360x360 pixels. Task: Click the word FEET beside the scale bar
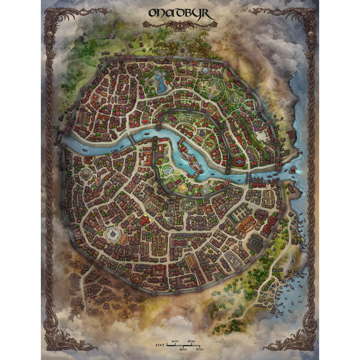pos(160,345)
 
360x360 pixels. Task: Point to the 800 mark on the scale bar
pos(199,349)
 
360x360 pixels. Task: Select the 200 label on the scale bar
pos(175,341)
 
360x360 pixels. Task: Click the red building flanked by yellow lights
pos(144,221)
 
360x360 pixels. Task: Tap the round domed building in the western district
pos(86,174)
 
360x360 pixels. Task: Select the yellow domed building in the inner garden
pos(183,188)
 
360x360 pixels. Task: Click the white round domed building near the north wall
pos(205,70)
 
